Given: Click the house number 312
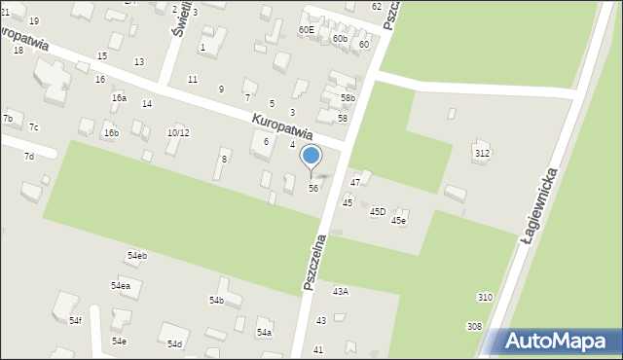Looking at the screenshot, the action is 482,154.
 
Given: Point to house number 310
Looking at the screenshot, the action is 485,297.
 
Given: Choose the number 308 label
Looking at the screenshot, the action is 474,326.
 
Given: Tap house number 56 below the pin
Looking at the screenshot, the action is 312,188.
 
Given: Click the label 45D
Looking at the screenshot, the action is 378,211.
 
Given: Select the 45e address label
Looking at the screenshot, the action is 398,221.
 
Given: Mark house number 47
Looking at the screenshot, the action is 355,182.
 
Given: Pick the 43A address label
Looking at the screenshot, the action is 341,291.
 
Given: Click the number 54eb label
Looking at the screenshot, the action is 136,255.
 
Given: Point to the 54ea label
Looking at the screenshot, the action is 120,286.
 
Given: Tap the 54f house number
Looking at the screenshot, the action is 76,319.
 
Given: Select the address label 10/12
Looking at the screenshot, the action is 177,132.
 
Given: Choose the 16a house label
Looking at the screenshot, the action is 119,97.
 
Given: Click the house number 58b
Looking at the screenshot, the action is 348,98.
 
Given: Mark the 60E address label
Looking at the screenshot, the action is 306,30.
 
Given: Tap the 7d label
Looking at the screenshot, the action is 29,156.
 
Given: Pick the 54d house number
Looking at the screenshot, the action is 174,344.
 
